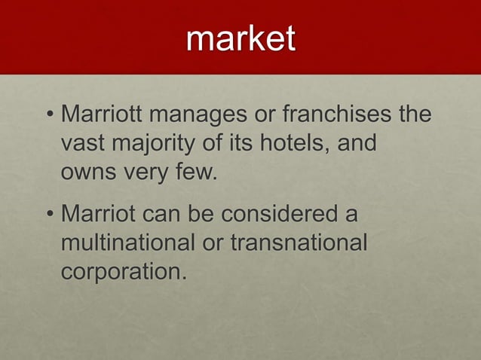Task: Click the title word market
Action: pos(240,39)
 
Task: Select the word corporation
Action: pos(120,270)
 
